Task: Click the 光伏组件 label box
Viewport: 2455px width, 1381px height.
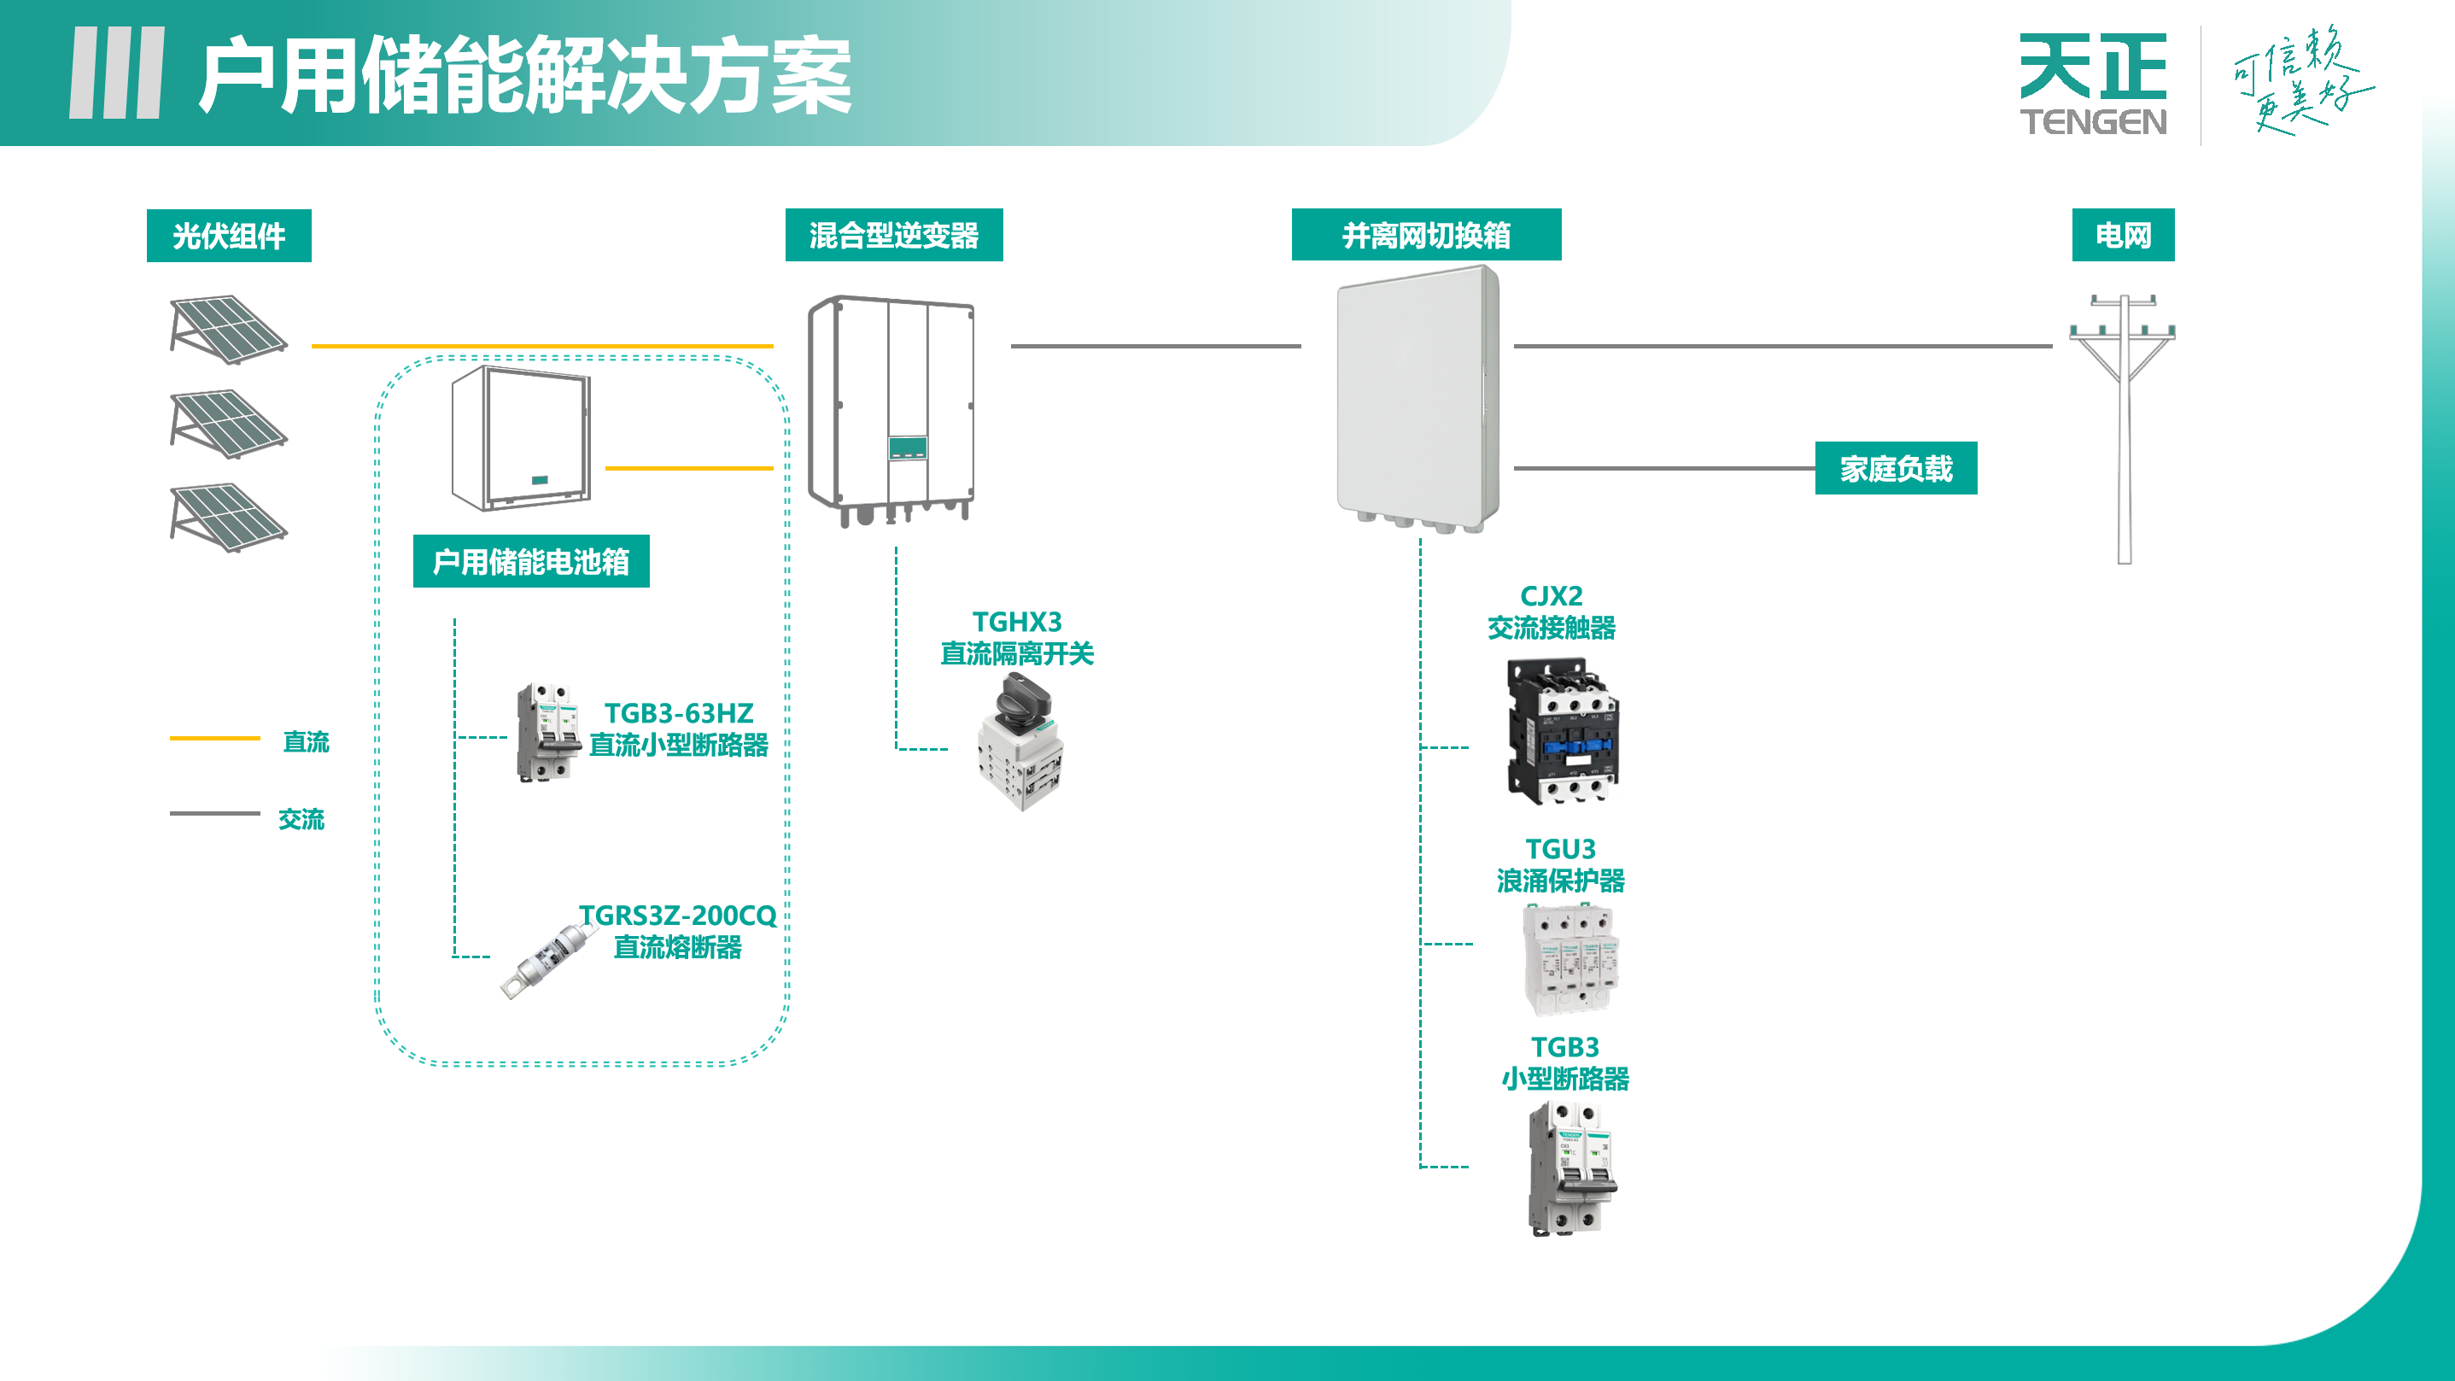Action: [x=229, y=236]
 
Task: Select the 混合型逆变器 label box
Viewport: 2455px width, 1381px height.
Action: [x=893, y=235]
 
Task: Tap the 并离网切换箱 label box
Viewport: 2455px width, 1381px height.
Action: [x=1426, y=235]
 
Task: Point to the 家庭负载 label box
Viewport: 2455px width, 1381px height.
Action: [x=1896, y=468]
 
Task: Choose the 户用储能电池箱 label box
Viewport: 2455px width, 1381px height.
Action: [x=531, y=561]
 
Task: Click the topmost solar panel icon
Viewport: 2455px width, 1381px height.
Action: [x=228, y=329]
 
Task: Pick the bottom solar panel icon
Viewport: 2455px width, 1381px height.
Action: [x=228, y=518]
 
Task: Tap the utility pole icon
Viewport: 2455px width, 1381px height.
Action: [x=2124, y=429]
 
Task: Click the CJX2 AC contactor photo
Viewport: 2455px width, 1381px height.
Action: [x=1562, y=731]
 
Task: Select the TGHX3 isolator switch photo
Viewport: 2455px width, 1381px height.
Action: [x=1020, y=742]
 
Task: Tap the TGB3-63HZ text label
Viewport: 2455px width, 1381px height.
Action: [x=679, y=713]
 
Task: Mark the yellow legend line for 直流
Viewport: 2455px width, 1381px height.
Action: [x=214, y=738]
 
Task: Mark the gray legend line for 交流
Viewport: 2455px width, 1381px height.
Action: [x=214, y=813]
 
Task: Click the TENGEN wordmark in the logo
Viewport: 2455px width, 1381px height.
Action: [x=2093, y=122]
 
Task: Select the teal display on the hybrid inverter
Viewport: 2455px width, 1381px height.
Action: [x=907, y=447]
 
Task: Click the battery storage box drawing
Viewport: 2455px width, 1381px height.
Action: [x=521, y=437]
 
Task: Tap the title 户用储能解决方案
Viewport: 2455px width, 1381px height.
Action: [x=524, y=76]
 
